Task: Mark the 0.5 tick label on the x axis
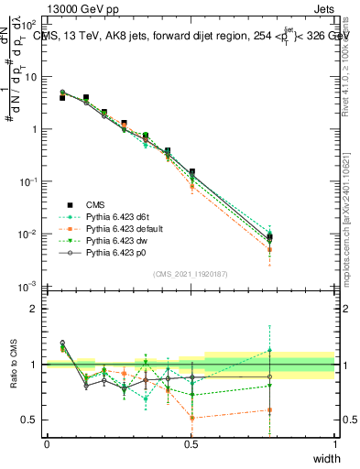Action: click(191, 444)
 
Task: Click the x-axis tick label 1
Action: click(335, 444)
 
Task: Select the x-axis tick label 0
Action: click(47, 444)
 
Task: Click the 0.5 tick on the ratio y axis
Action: click(30, 420)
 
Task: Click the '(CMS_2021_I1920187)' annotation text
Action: click(191, 273)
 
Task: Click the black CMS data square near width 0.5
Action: click(191, 171)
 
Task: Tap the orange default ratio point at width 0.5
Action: click(191, 418)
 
